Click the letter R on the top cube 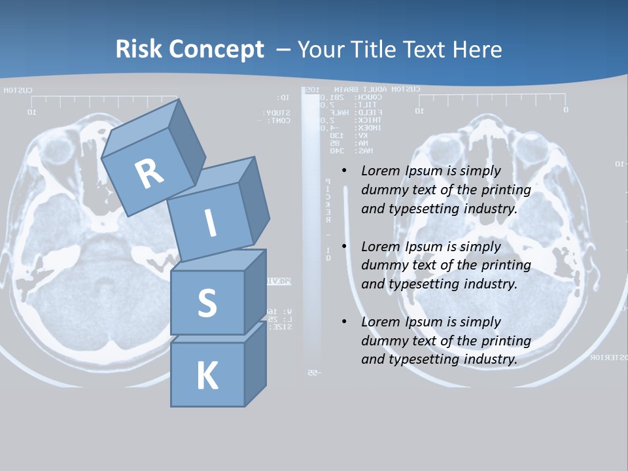pyautogui.click(x=149, y=173)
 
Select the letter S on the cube pyautogui.click(x=207, y=303)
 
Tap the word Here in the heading pyautogui.click(x=477, y=49)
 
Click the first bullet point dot pyautogui.click(x=345, y=171)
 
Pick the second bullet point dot pyautogui.click(x=345, y=247)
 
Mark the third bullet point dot pyautogui.click(x=345, y=322)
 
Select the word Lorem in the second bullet pyautogui.click(x=380, y=247)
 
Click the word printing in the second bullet pyautogui.click(x=506, y=265)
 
